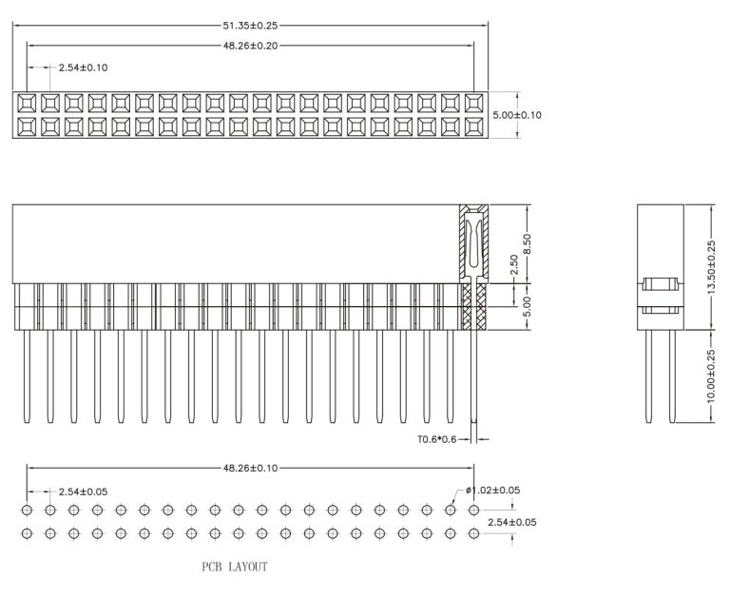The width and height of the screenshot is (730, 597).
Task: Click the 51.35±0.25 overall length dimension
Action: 251,25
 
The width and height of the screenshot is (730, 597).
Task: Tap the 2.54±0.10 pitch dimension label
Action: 84,68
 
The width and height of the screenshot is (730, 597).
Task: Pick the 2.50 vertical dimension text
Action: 514,265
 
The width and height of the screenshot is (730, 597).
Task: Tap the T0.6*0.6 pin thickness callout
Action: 438,439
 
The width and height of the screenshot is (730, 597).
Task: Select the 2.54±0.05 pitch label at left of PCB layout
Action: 84,491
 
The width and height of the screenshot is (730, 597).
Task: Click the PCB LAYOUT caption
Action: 234,567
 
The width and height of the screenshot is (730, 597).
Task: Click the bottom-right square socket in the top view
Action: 474,126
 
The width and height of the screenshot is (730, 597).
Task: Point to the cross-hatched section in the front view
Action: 473,305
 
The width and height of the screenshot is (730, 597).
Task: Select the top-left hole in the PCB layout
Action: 28,511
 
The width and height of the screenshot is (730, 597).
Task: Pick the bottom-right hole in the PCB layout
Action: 474,535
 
